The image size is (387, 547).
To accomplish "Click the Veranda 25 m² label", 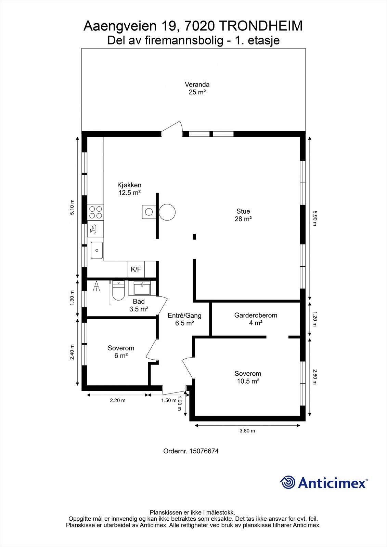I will coord(197,88).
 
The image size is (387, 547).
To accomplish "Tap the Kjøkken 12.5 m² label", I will coord(129,189).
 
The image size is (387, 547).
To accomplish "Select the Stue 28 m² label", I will coord(243,215).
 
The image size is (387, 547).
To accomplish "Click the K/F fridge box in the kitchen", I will coord(136,269).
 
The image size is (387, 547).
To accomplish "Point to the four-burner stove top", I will coord(95,212).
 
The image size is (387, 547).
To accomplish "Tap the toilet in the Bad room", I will coord(118,291).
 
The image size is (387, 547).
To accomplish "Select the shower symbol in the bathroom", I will coord(97,286).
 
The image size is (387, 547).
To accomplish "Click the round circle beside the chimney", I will coord(167,212).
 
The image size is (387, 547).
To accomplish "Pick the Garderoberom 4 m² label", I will coord(255,319).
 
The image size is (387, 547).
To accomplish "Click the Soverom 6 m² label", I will coord(121,352).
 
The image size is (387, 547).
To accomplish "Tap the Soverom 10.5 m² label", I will coord(248,377).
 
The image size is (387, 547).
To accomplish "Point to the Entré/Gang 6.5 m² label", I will coord(184,319).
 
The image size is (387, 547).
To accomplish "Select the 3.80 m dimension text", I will coord(247,431).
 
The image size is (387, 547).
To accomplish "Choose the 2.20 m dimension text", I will coord(117,400).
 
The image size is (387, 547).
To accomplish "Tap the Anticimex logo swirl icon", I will coord(287,483).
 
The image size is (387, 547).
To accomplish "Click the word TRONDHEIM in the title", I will coord(260,26).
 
